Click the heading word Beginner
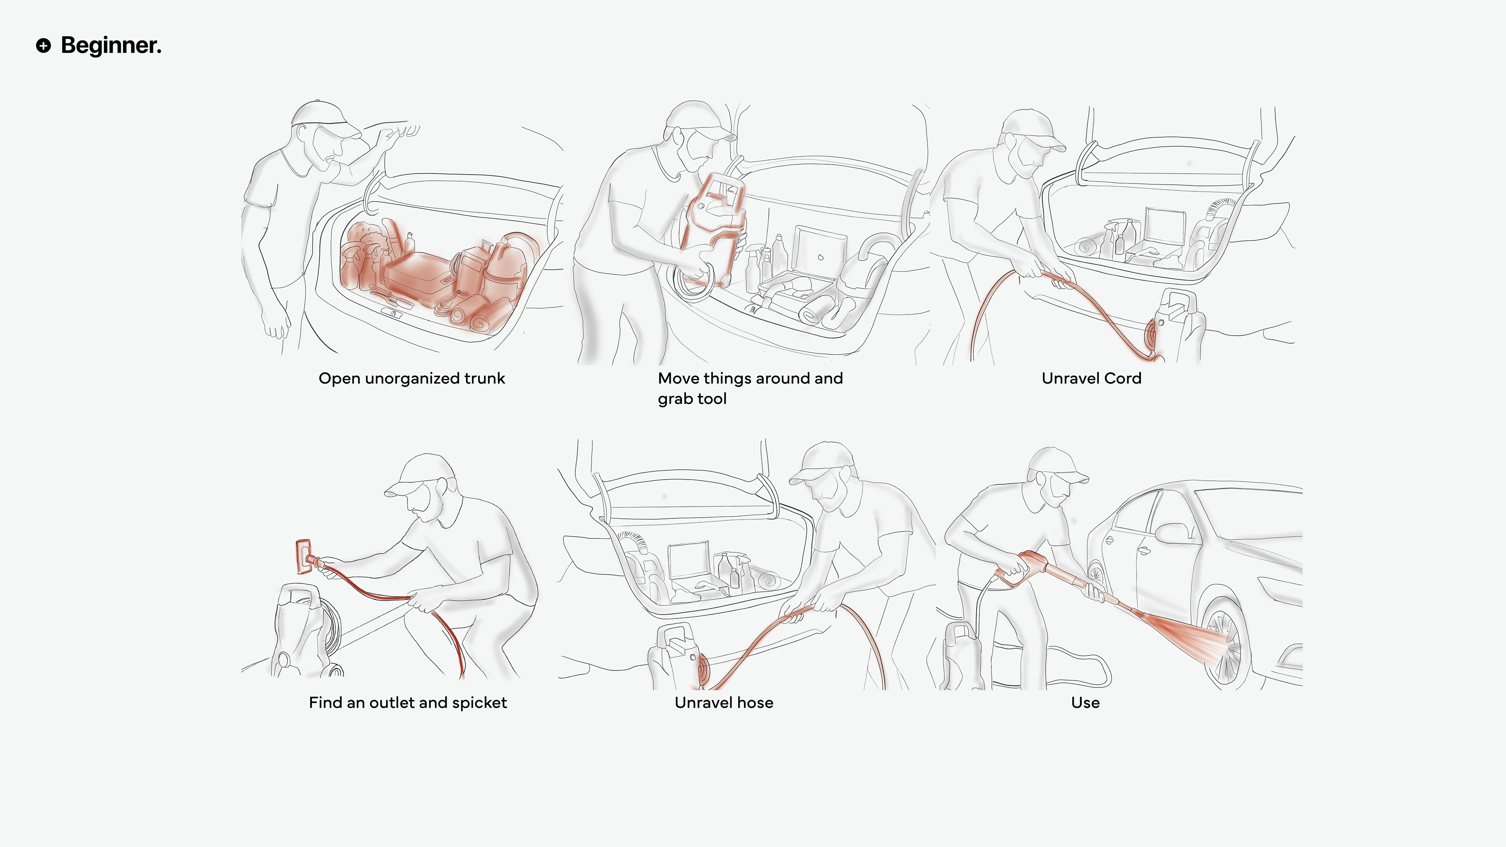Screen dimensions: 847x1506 click(x=111, y=45)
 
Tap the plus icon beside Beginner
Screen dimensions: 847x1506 click(x=43, y=45)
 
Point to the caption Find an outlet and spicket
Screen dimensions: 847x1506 click(x=407, y=703)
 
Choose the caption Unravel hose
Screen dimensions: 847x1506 click(x=724, y=703)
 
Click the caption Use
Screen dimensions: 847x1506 click(x=1085, y=703)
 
